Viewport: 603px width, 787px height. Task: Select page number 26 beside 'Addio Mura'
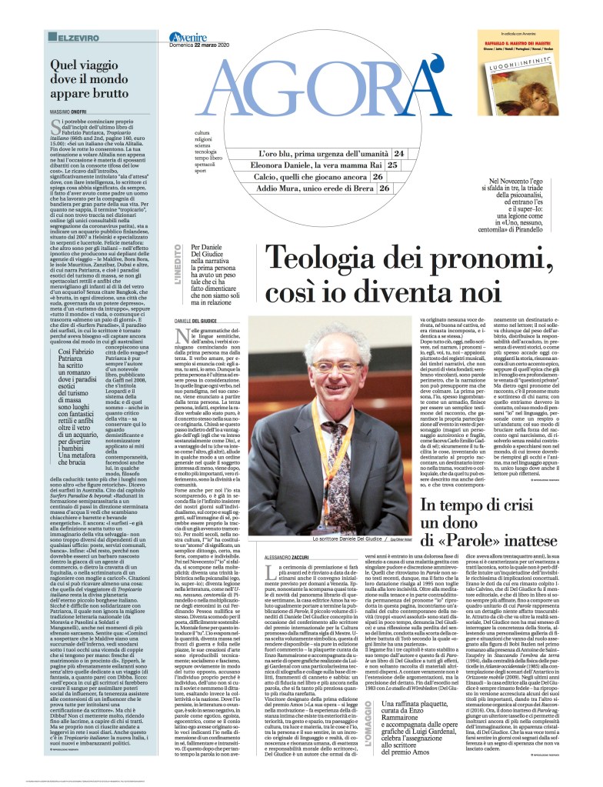tap(381, 188)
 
